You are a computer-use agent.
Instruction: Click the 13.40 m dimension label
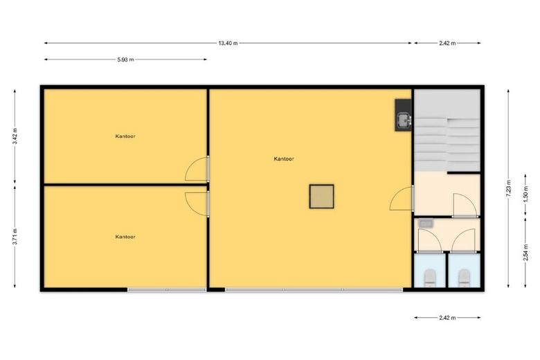228,43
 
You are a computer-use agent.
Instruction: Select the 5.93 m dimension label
126,60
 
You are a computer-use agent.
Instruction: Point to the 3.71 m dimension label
15,237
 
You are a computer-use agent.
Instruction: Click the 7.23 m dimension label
508,188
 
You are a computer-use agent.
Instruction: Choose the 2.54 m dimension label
525,253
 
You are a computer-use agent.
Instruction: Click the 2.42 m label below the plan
447,318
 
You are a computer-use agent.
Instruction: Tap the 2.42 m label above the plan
447,43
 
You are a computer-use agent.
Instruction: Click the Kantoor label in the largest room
284,159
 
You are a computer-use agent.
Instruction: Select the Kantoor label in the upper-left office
125,136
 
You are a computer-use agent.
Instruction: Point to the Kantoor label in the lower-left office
125,237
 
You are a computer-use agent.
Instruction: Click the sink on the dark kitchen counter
404,120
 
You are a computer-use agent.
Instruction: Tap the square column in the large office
322,197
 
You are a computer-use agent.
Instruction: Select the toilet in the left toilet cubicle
430,278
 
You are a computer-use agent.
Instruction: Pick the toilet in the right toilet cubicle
465,278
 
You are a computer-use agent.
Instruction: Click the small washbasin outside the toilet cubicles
426,223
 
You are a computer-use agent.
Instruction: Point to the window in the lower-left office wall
167,289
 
